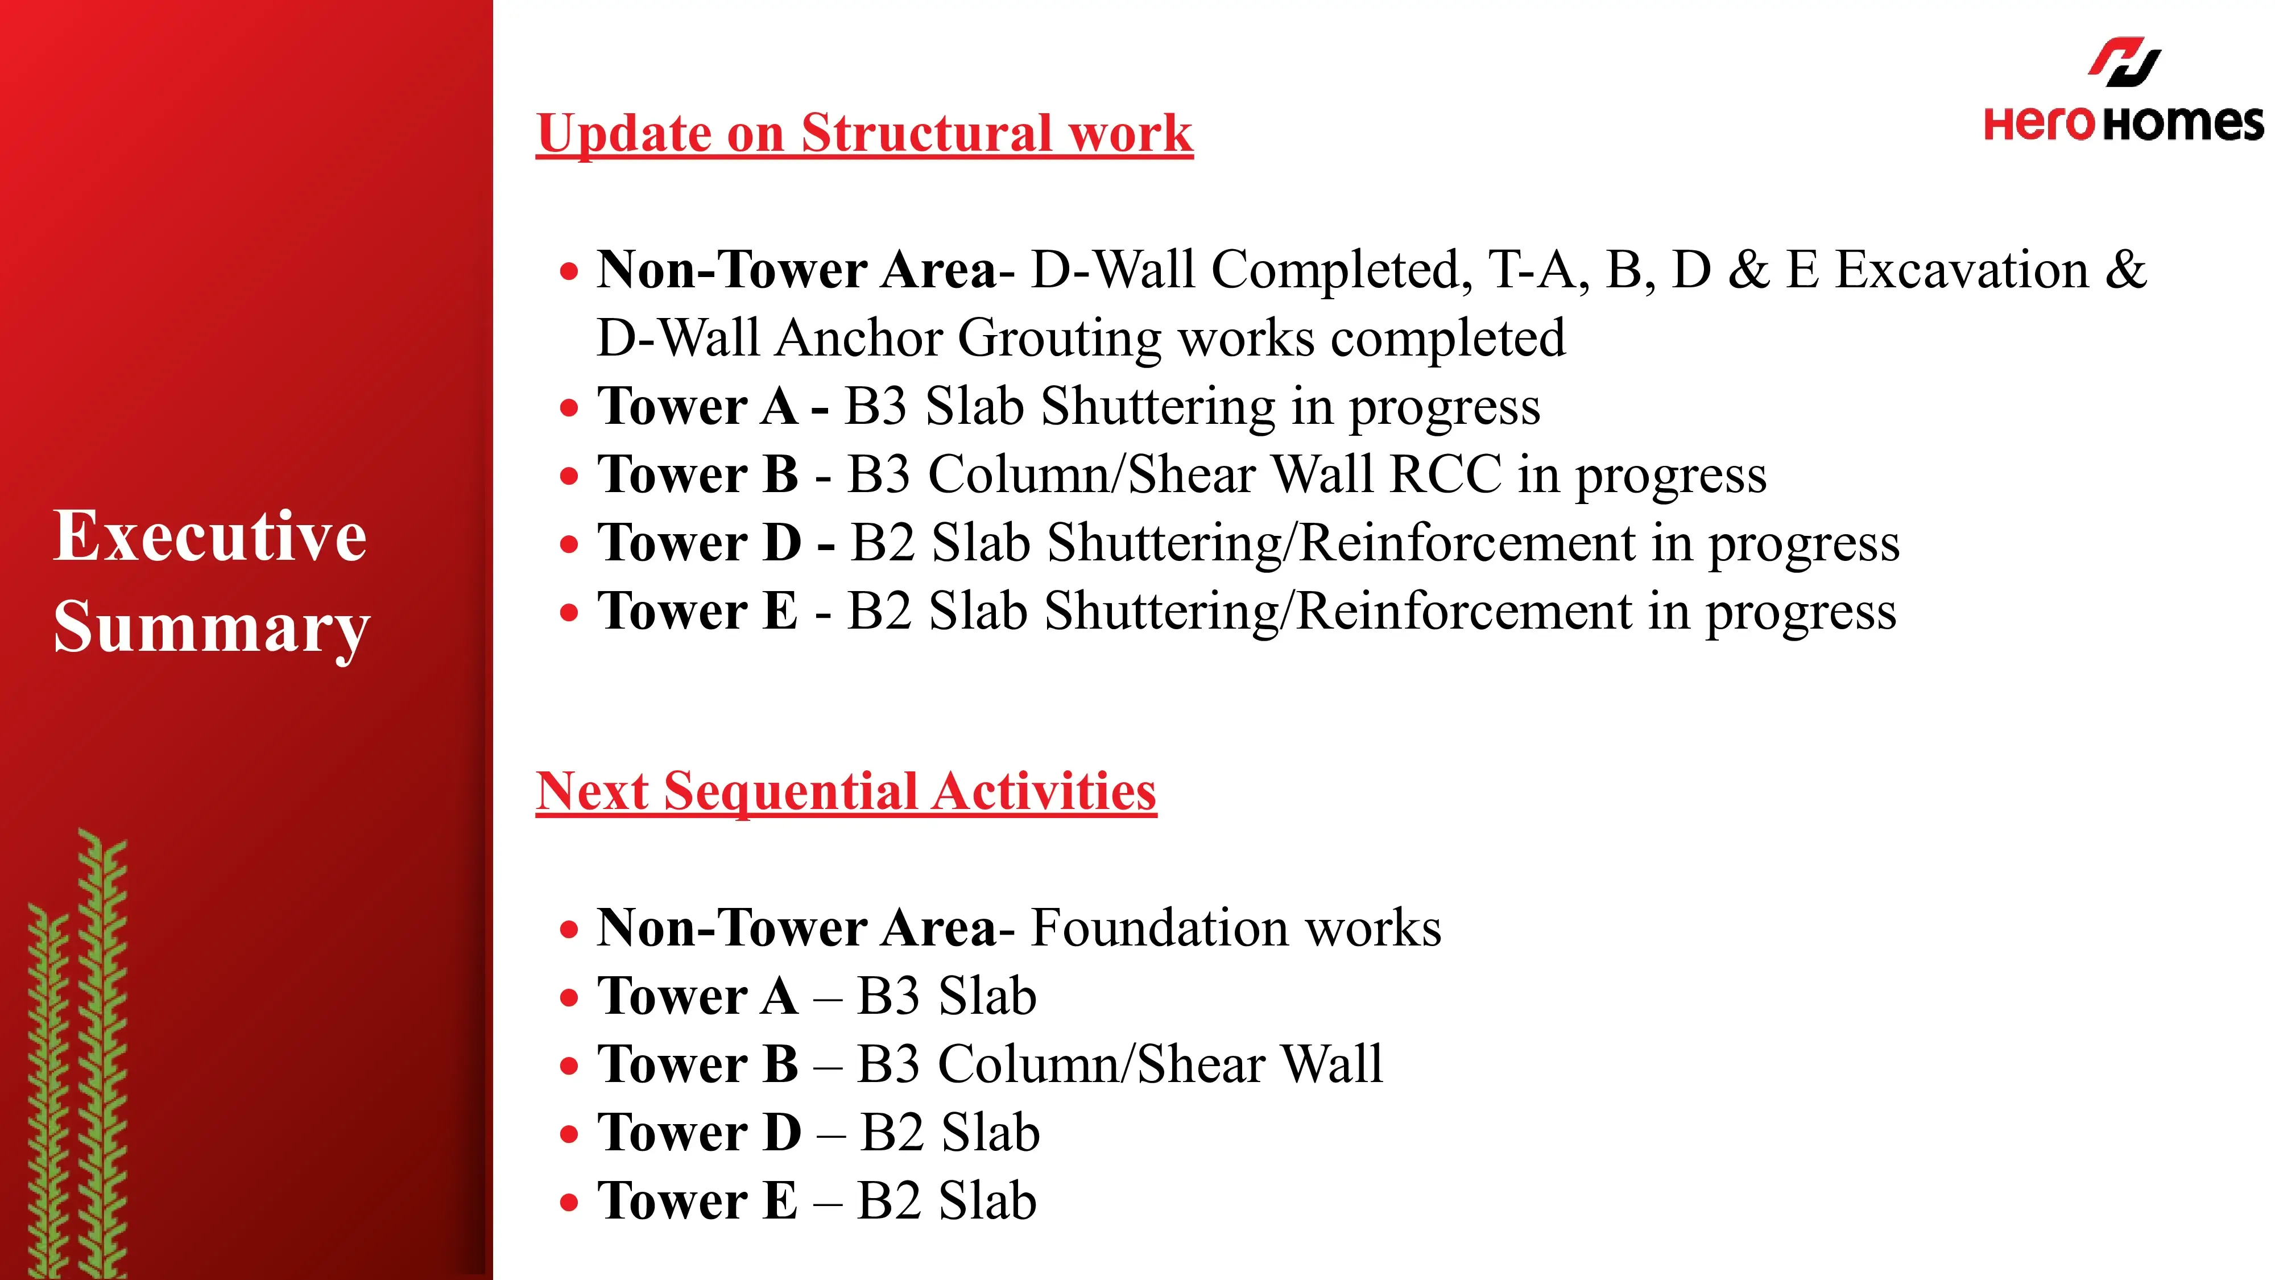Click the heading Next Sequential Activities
tap(846, 791)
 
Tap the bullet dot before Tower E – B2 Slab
tap(570, 1202)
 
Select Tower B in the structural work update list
tap(698, 474)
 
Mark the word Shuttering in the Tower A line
tap(1158, 408)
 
